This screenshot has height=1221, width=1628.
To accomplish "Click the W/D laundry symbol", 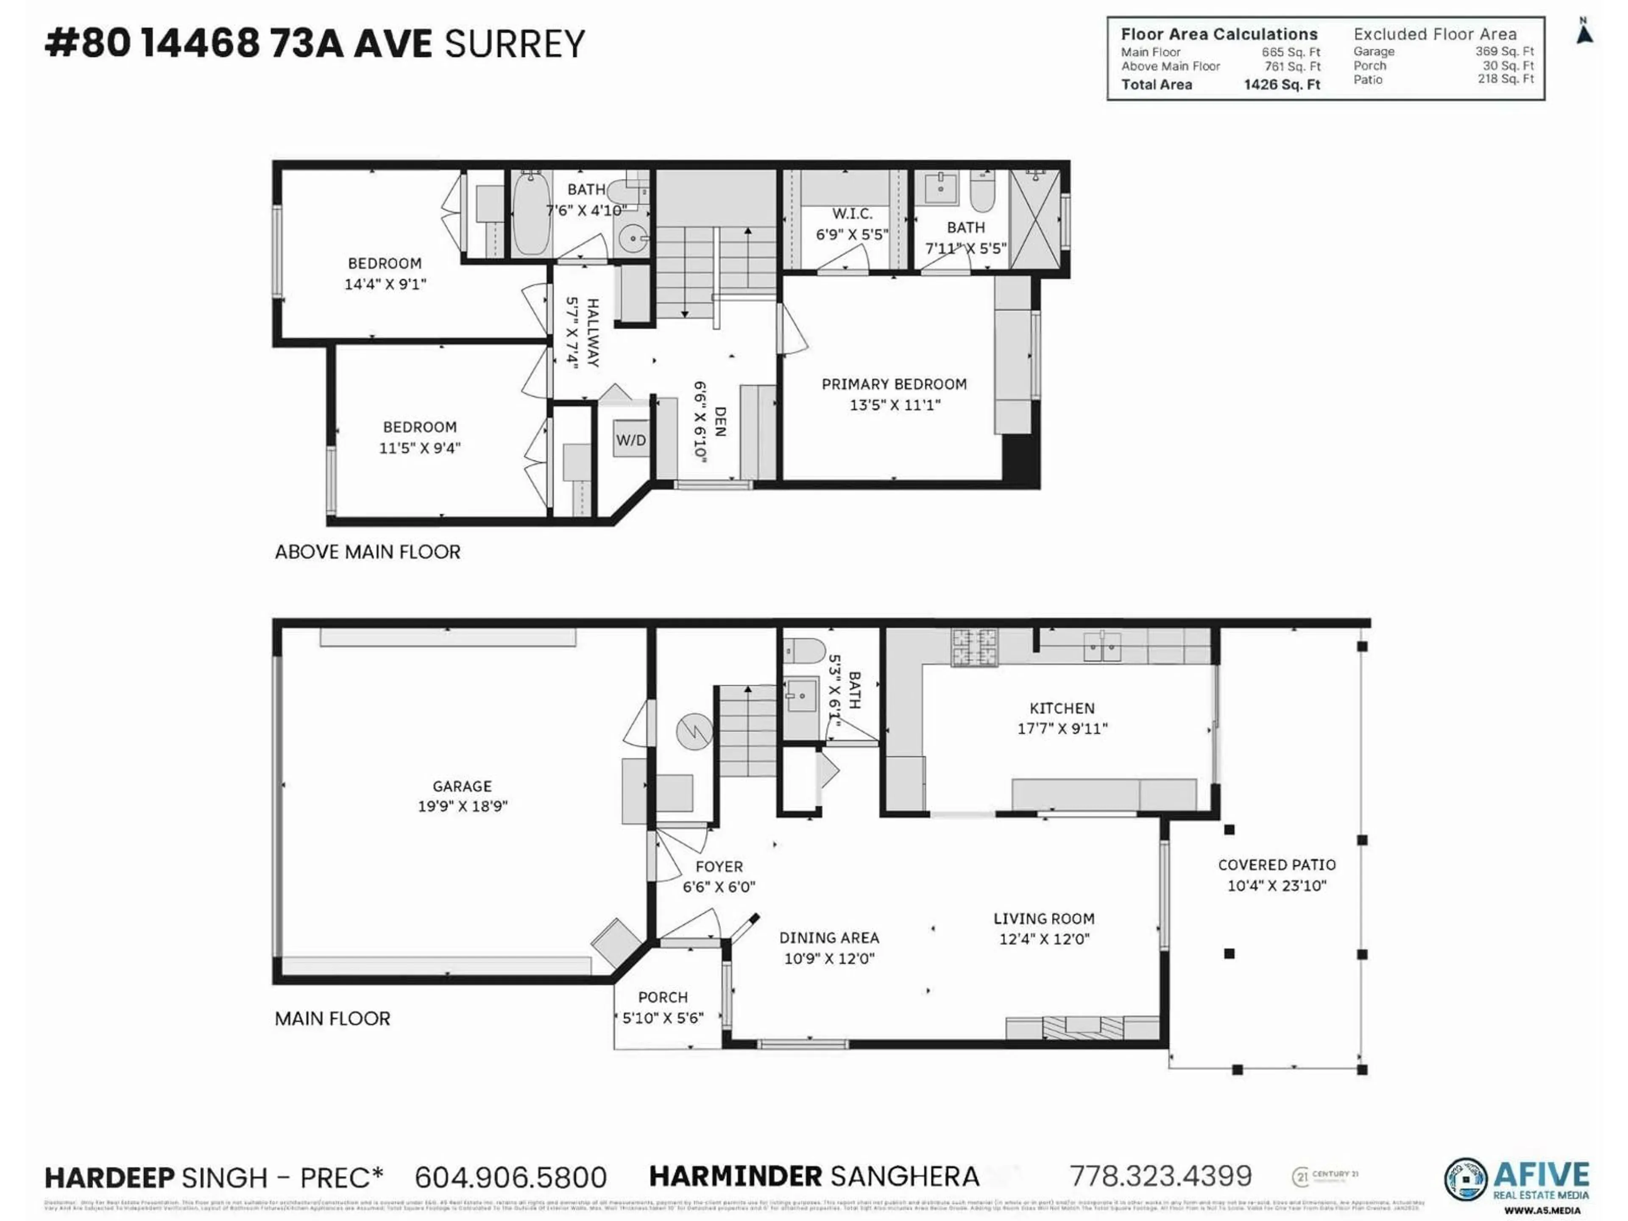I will [x=631, y=440].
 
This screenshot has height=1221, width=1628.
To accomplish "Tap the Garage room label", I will [x=462, y=786].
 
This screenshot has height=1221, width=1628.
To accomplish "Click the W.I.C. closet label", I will [x=852, y=214].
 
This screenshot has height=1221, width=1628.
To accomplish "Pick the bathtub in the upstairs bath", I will [x=531, y=213].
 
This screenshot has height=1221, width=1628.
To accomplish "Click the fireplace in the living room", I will [x=1083, y=1027].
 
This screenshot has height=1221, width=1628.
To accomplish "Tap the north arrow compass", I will [x=1585, y=33].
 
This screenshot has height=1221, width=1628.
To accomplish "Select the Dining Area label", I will [x=829, y=938].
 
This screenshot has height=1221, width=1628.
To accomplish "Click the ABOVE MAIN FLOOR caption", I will [x=367, y=552].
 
